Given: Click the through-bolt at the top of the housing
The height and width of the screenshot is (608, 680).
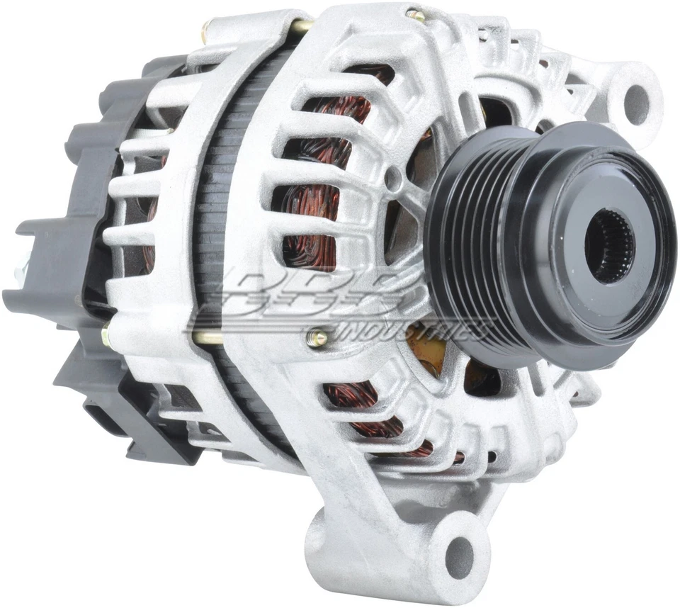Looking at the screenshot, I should tap(415, 15).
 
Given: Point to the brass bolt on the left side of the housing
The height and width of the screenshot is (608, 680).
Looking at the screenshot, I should tap(106, 333).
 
